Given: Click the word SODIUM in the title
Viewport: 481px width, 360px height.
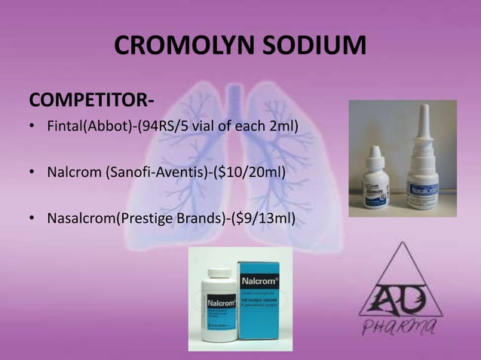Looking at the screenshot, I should [309, 46].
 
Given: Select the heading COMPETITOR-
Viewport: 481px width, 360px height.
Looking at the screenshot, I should [78, 101].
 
